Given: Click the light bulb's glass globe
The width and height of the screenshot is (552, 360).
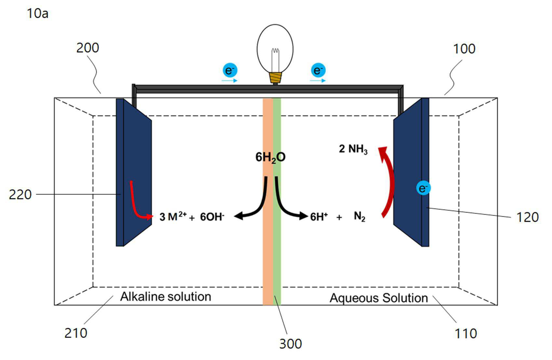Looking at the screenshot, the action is tap(275, 48).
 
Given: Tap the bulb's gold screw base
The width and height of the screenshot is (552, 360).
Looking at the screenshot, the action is tap(275, 78).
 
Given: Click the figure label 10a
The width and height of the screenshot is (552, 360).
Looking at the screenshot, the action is tap(37, 13).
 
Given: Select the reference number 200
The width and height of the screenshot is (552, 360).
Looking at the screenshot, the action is tap(88, 48).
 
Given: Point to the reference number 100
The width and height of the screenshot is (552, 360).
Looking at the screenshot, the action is tap(464, 49).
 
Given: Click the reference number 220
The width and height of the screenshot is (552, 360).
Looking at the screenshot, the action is tap(20, 195).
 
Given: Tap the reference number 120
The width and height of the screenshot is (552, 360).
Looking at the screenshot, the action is tap(527, 217).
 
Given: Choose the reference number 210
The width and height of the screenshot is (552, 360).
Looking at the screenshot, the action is tap(76, 333).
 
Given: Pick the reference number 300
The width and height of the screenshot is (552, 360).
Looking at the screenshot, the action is tap(290, 344).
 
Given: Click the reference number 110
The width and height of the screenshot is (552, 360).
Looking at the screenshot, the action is tap(465, 334).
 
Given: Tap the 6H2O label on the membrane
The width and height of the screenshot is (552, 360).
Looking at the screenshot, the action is tap(270, 157).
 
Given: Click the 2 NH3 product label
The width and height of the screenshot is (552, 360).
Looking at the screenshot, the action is tap(353, 149).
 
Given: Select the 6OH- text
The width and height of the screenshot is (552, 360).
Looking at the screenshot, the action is tap(212, 217).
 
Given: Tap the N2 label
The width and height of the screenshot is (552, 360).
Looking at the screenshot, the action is tap(359, 217).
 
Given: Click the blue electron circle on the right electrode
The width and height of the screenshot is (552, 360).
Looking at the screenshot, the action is tap(424, 188).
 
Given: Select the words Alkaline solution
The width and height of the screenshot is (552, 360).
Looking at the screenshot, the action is tap(166, 297).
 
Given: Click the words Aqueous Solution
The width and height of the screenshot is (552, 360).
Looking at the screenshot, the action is tap(379, 298).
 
